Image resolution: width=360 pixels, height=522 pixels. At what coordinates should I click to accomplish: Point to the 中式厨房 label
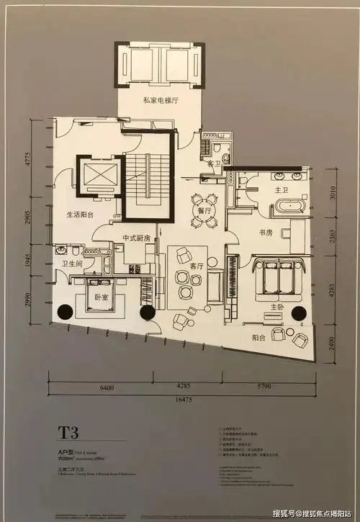point(136,238)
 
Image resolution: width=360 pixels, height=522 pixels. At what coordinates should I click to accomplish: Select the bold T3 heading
point(70,433)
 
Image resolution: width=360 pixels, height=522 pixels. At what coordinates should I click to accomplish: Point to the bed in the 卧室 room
point(96,297)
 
